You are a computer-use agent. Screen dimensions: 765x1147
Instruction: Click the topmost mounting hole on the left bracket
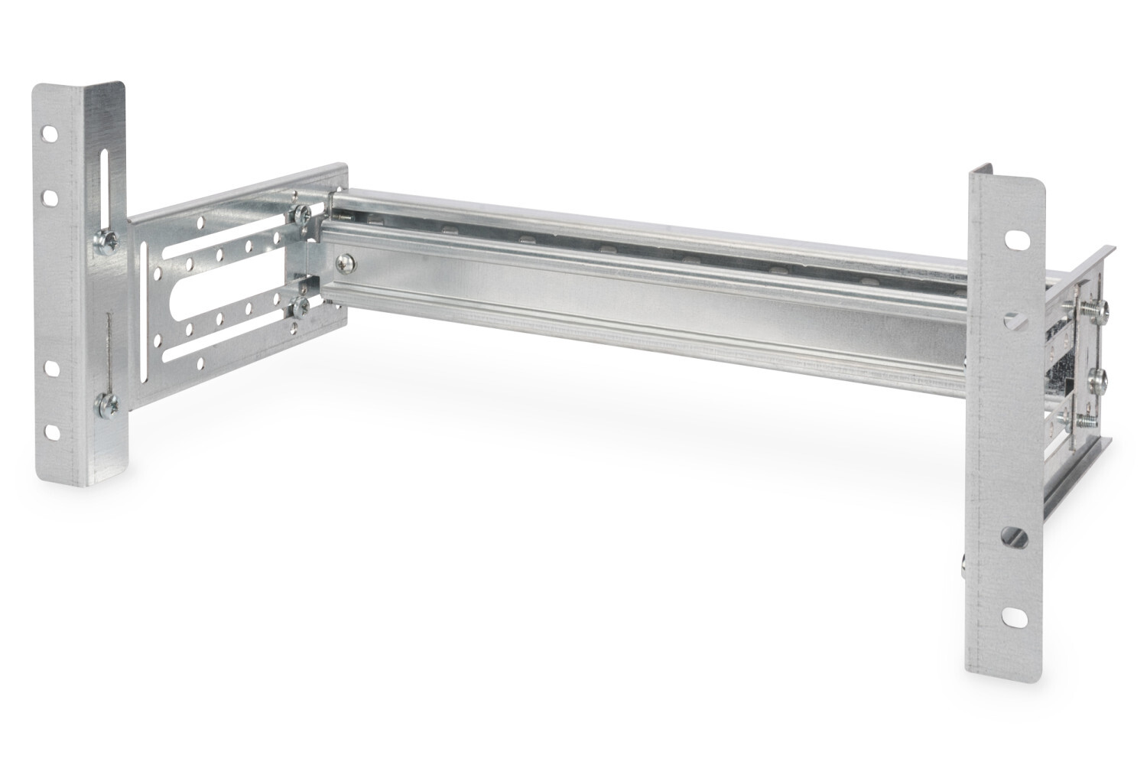tap(50, 133)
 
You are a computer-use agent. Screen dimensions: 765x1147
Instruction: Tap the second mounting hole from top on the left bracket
tap(50, 198)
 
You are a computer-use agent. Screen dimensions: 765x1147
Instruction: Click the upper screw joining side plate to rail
tap(301, 216)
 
